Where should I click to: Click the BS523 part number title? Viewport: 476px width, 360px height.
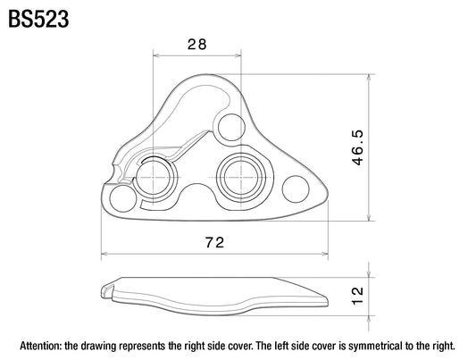point(38,19)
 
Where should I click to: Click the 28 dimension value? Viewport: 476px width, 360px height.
point(197,45)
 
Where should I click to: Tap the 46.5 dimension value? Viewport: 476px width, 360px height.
point(357,147)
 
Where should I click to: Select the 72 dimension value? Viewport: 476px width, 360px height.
point(214,242)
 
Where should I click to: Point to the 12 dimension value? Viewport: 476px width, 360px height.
point(357,296)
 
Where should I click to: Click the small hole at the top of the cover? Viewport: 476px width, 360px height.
point(231,127)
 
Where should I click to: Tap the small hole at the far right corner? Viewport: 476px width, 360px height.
point(296,188)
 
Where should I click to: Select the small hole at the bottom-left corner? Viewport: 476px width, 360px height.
point(123,198)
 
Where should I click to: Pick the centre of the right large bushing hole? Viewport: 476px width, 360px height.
point(241,178)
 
